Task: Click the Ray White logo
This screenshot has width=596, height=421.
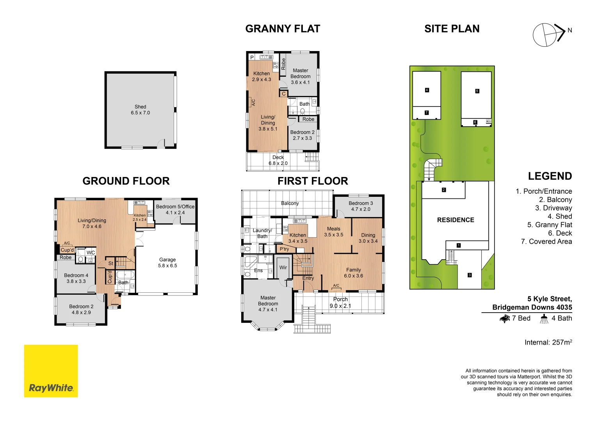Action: pos(51,371)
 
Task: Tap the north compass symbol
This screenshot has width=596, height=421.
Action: pos(548,35)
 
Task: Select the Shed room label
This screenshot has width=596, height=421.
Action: pos(140,107)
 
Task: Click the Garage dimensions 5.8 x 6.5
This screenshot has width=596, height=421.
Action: pos(167,266)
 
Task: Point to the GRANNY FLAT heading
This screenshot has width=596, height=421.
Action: pos(283,29)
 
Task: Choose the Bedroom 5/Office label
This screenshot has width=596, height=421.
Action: pos(175,207)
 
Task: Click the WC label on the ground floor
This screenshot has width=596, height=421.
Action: pos(91,253)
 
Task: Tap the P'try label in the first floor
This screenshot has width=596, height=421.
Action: pos(284,249)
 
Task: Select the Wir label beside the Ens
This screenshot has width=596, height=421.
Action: pos(283,267)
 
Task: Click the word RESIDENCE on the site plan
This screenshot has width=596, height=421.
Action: pos(455,220)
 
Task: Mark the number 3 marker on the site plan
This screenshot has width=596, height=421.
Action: pos(470,275)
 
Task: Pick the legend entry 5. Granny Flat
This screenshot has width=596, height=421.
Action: pos(549,225)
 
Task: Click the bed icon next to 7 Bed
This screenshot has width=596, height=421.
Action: pos(505,318)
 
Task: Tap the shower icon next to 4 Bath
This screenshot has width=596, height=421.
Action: pos(544,318)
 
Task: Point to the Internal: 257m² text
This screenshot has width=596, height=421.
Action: pos(548,342)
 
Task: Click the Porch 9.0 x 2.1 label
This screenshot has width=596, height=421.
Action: pos(340,302)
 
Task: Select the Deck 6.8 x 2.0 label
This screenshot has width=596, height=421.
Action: pos(278,160)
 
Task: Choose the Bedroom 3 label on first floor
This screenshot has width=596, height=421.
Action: pos(361,203)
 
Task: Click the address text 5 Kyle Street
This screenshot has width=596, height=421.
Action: pos(549,299)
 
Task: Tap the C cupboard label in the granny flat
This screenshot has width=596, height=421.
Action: pos(284,94)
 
